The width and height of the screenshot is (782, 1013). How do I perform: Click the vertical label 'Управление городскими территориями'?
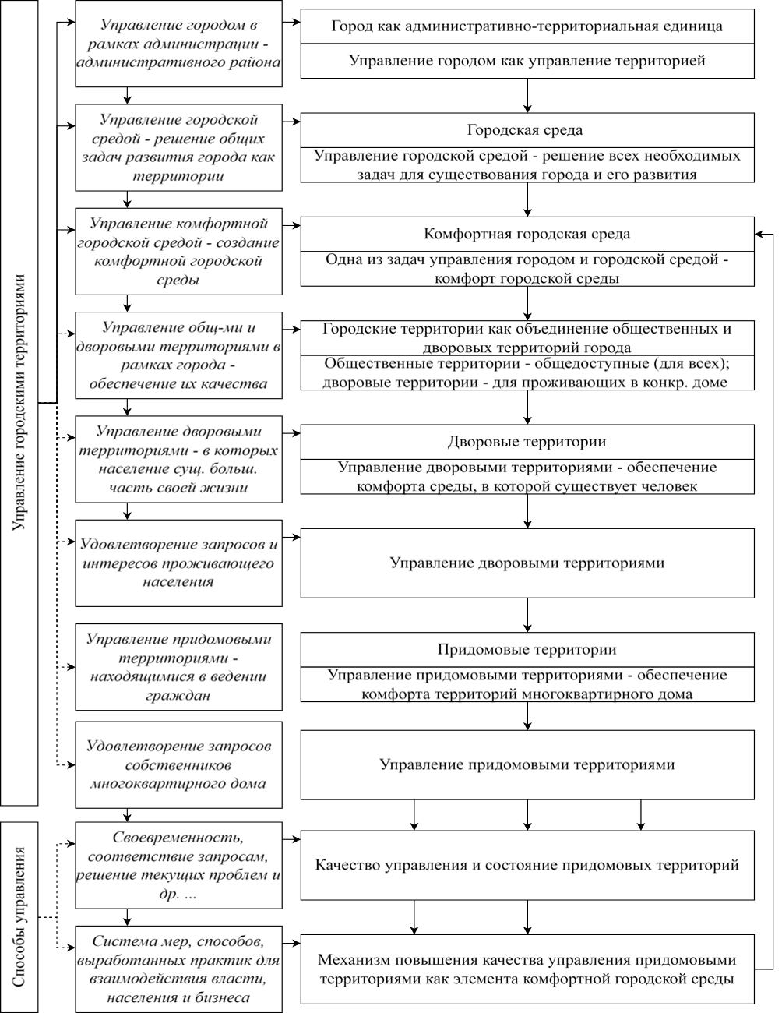(19, 402)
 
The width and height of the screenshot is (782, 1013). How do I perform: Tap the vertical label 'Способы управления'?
(19, 916)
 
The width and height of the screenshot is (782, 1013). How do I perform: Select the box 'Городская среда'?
(527, 130)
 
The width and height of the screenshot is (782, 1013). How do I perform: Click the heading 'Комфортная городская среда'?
(527, 234)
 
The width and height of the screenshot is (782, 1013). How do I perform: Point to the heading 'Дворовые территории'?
(527, 442)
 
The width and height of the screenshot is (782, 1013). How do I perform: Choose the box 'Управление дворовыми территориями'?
(527, 563)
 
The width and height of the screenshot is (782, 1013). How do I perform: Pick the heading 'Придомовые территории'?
(527, 649)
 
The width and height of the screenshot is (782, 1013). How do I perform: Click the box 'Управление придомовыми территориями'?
(527, 764)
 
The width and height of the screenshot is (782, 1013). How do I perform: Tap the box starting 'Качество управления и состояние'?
(527, 865)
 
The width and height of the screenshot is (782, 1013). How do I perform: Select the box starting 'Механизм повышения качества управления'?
(527, 969)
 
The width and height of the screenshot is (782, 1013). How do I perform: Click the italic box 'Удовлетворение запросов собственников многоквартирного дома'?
(178, 764)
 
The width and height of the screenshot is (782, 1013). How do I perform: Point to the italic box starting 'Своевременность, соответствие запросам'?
(178, 865)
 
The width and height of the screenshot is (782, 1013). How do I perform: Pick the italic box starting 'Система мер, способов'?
(178, 969)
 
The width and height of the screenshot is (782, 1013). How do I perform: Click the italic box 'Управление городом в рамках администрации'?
(178, 44)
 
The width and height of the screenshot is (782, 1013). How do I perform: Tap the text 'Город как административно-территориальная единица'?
(527, 26)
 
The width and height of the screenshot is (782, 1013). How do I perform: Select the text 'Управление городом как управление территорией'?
(527, 61)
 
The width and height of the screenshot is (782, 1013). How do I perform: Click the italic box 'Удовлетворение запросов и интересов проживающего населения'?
(178, 563)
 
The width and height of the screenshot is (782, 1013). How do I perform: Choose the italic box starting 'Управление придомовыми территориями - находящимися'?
(178, 667)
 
